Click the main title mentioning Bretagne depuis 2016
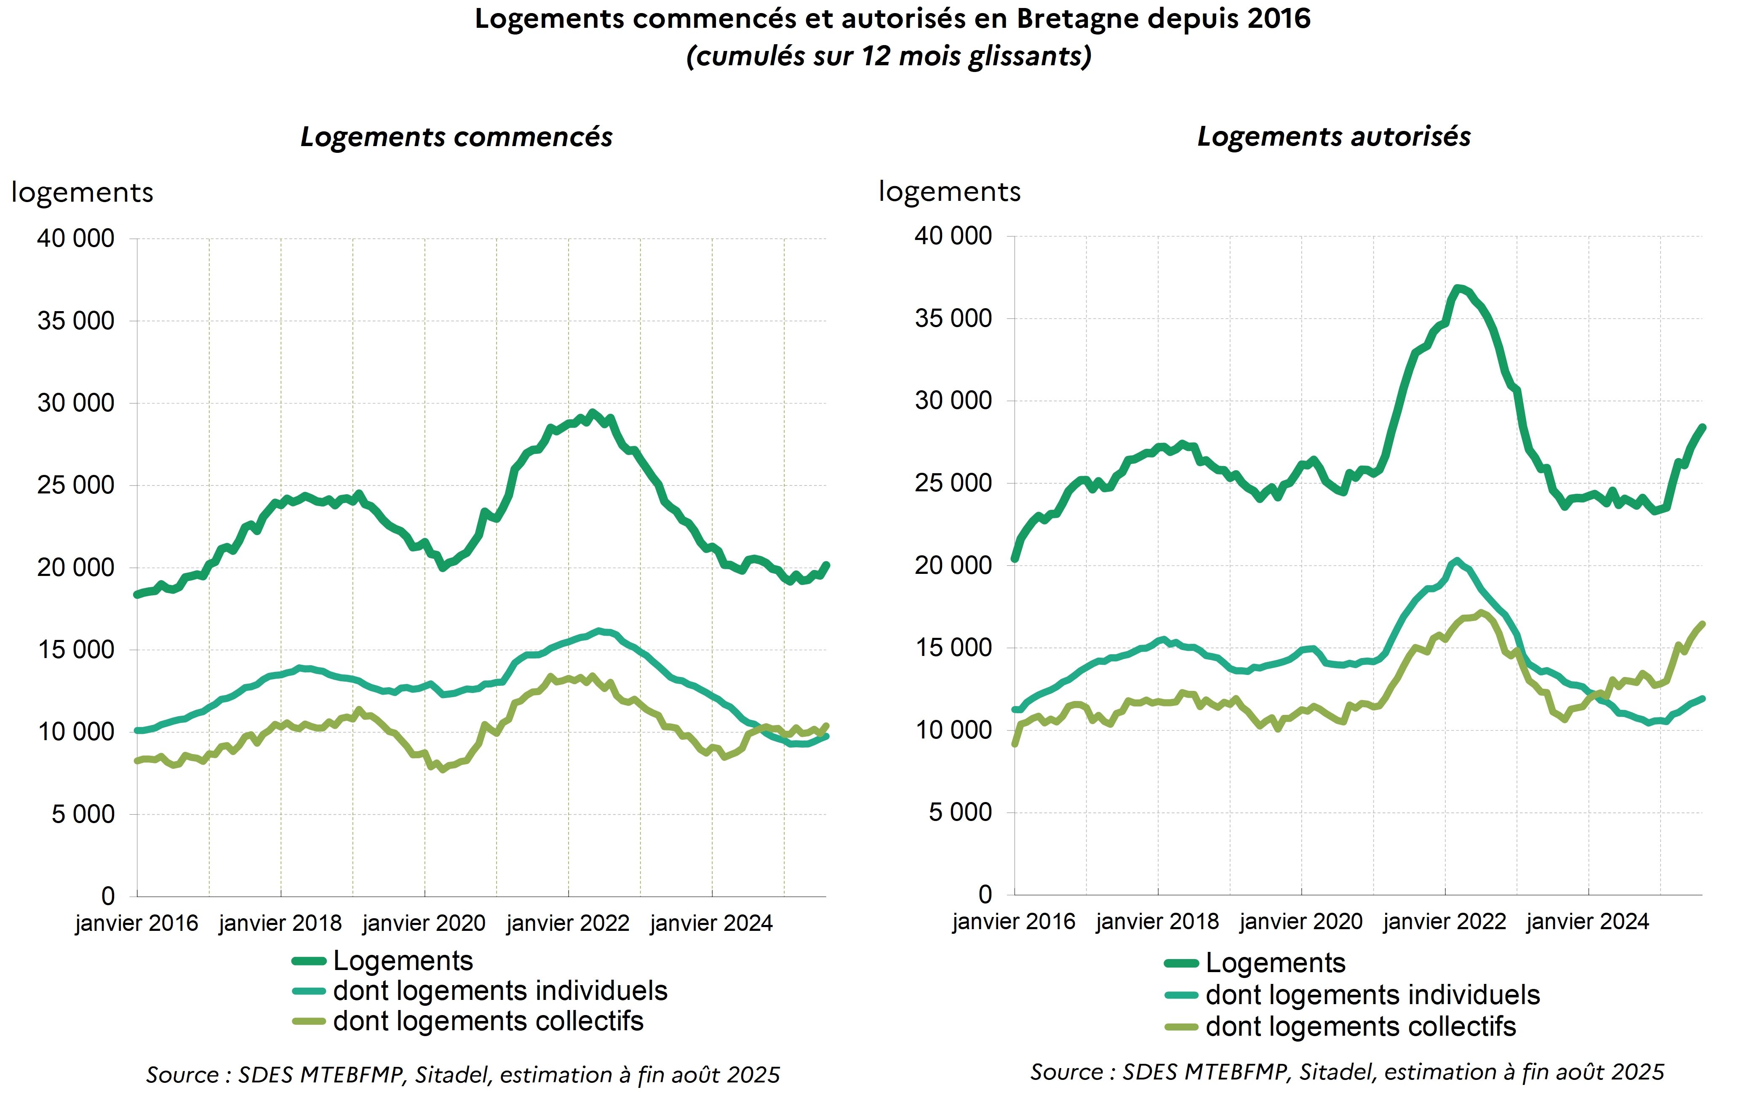point(892,19)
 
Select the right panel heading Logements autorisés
point(1333,136)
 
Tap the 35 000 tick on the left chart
point(76,320)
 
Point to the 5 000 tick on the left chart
point(83,814)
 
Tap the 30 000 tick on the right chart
point(953,400)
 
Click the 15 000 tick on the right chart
point(953,648)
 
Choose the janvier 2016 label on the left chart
point(136,923)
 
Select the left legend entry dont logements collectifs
point(488,1021)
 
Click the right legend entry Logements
point(1275,963)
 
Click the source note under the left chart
point(463,1075)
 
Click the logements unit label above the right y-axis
point(949,192)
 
